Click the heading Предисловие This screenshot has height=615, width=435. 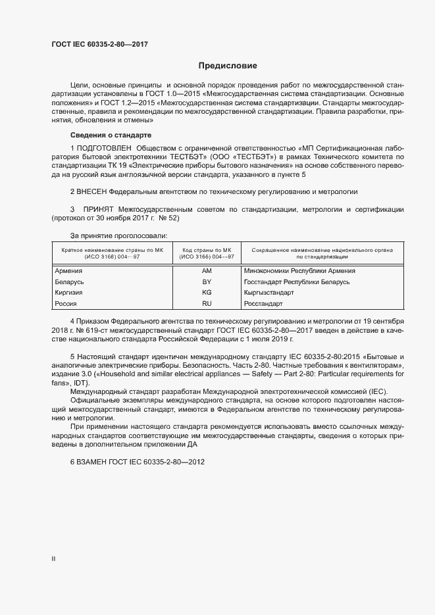228,65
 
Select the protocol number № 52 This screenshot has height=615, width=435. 167,218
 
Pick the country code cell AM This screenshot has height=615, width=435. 207,271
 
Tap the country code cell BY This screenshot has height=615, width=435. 207,282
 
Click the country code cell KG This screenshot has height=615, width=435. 207,292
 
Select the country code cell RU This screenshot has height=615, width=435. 207,303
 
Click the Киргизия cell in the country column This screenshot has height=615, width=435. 70,292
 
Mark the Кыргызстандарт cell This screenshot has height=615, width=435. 269,292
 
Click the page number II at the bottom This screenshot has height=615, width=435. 53,559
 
